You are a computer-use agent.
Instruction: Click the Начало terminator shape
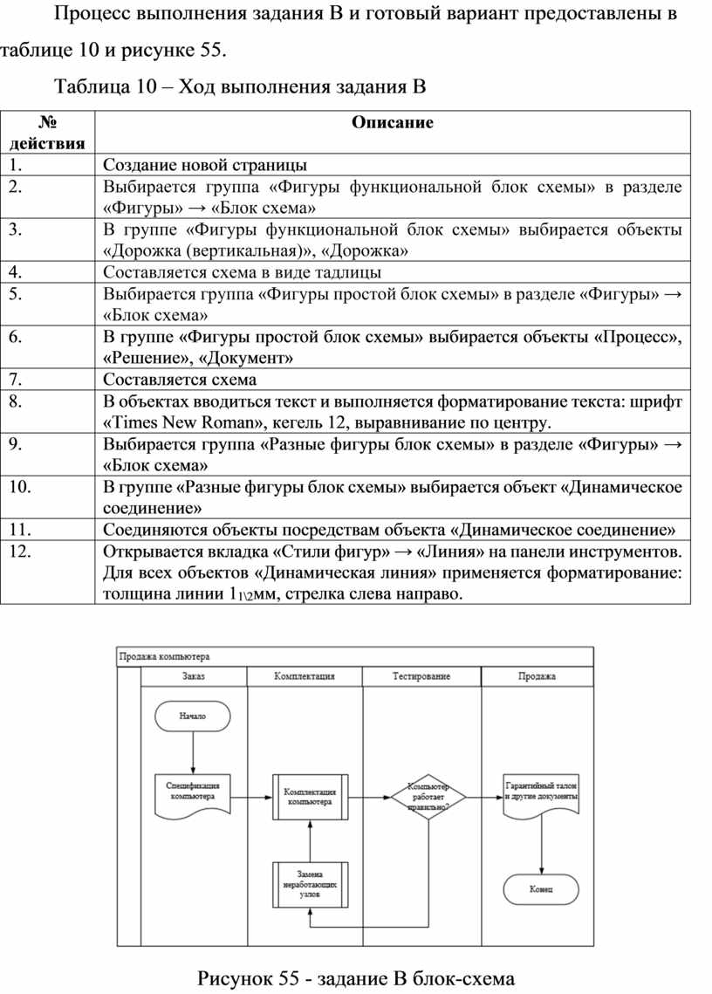point(193,716)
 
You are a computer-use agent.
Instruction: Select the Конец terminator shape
point(541,889)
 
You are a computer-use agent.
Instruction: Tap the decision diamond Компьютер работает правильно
point(428,797)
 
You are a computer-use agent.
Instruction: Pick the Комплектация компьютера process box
point(310,797)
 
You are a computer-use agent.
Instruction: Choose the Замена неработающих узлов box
point(310,884)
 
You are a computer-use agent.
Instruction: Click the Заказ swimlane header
point(194,676)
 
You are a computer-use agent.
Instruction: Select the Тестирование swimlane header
point(421,676)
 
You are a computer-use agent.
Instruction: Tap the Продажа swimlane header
point(537,676)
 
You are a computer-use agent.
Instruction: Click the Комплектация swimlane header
point(305,676)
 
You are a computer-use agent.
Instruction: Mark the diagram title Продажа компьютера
point(164,657)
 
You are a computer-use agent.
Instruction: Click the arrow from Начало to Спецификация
point(193,753)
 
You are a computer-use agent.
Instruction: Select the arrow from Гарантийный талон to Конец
point(541,845)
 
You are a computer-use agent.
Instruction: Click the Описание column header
point(393,122)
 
